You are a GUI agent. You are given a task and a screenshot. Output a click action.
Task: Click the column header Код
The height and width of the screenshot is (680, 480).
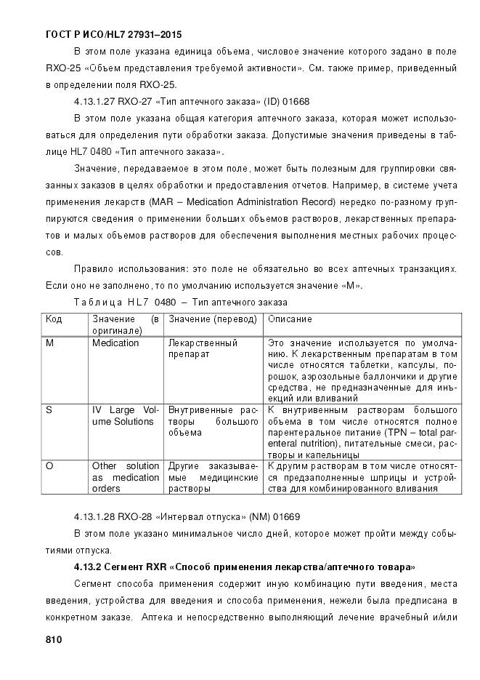54,319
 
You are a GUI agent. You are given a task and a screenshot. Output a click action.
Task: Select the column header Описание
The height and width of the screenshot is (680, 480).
290,319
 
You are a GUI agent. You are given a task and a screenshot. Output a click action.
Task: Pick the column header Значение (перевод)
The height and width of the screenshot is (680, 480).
213,319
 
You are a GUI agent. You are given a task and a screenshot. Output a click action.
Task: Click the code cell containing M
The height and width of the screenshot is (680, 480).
49,343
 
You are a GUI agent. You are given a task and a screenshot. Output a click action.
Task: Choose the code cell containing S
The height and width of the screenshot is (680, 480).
49,410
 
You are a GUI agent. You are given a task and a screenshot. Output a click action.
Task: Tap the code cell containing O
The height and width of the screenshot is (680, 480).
49,466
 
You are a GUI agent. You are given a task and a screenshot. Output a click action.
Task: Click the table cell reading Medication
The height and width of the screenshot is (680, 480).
115,343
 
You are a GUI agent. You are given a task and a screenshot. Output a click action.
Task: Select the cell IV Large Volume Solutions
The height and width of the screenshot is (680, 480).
125,416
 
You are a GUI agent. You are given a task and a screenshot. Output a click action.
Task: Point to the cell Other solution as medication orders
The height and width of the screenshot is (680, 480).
125,477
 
